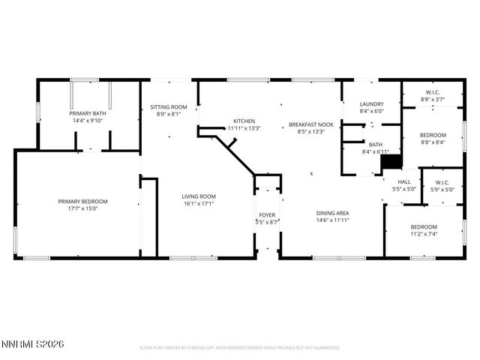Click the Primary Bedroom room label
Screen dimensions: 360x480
pos(83,201)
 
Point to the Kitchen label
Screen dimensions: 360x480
pos(244,121)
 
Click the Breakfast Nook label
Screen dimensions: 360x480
pos(311,124)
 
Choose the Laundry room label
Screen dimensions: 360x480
pos(371,104)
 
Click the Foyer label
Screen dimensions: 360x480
pos(267,215)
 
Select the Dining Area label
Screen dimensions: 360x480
pos(332,213)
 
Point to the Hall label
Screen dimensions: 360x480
pos(403,181)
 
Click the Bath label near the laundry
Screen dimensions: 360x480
pos(374,145)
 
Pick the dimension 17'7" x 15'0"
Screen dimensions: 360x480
pos(83,208)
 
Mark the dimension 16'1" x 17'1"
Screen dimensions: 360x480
pos(198,204)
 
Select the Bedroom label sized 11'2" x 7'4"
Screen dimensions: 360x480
pos(424,227)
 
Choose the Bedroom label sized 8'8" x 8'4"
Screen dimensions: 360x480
pos(433,134)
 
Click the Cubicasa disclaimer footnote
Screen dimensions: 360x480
pos(240,348)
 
